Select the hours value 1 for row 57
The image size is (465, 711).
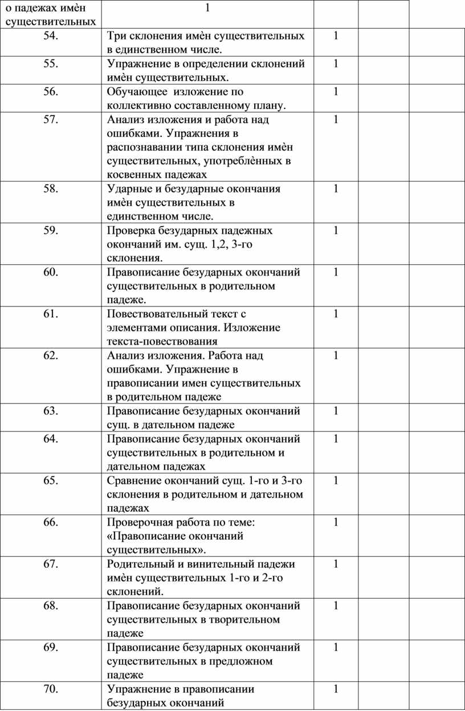click(x=336, y=119)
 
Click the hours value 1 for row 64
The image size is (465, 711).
click(x=336, y=439)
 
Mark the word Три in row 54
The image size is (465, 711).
click(x=116, y=36)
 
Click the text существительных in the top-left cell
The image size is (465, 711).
click(x=50, y=22)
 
